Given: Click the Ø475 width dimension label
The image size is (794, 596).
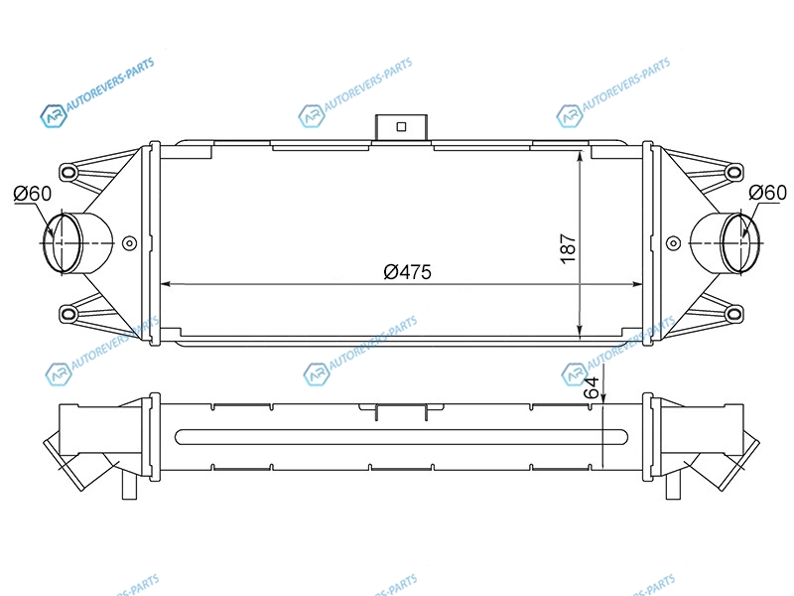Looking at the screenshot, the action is point(408,272).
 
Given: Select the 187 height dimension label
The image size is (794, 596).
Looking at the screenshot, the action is point(568,248).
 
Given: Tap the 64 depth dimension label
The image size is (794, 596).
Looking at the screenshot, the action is point(592,387).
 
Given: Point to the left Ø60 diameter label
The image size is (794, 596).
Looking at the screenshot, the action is point(33,193).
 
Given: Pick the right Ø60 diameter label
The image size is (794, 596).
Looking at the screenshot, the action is point(767,193).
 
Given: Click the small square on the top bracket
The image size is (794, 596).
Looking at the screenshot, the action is point(402,127).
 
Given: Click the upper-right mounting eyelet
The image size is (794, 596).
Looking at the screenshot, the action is point(733,172).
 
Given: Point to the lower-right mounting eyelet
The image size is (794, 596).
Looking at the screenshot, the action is point(733,314).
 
